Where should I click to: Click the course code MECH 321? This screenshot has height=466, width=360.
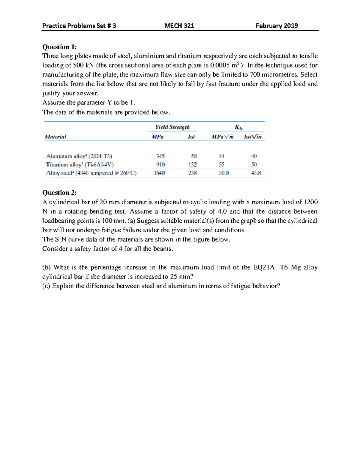(179, 26)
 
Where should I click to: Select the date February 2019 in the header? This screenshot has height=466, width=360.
(277, 26)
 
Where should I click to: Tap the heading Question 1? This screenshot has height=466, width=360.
(59, 47)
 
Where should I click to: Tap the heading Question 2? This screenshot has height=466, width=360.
(59, 193)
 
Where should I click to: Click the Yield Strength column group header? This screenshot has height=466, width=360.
(172, 127)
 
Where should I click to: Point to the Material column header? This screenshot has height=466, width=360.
(55, 137)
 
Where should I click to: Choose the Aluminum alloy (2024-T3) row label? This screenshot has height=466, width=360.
(79, 156)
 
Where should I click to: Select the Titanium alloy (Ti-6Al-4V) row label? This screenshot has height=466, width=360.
(80, 164)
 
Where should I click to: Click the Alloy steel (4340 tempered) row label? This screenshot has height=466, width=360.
(91, 173)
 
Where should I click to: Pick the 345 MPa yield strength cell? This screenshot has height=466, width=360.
(160, 156)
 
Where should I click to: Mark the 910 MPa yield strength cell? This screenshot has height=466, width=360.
(160, 164)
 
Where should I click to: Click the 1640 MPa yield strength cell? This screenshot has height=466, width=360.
(159, 173)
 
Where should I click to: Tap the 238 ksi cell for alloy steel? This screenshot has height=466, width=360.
(192, 173)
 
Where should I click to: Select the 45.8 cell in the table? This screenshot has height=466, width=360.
(256, 173)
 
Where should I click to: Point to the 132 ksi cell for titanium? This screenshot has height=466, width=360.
(192, 164)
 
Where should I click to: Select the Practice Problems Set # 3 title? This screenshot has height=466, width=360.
(79, 26)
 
